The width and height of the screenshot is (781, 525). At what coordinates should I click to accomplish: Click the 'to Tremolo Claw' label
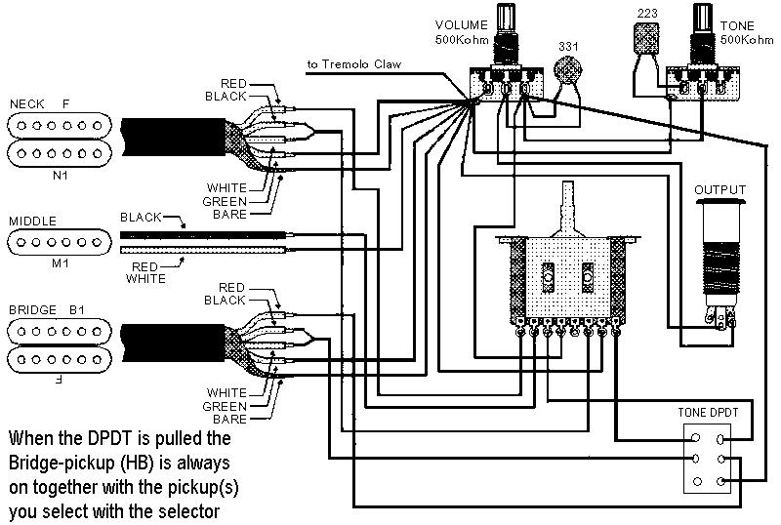click(x=354, y=64)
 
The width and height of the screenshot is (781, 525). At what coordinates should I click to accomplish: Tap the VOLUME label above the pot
click(x=461, y=25)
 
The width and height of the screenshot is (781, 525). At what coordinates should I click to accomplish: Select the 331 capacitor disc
click(x=567, y=69)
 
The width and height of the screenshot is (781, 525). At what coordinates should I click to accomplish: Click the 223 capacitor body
click(x=646, y=38)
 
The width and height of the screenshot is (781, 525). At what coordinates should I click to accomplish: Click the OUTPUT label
click(x=719, y=189)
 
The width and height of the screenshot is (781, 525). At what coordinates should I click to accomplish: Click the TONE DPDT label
click(x=708, y=413)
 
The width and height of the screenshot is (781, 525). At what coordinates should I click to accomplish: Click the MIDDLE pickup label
click(x=33, y=222)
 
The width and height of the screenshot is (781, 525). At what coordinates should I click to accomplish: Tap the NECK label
click(x=27, y=104)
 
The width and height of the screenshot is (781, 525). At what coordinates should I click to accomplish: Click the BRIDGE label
click(x=33, y=309)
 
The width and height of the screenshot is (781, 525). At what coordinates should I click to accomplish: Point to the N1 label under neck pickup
click(x=61, y=176)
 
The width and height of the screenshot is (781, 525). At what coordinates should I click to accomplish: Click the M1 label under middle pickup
click(x=61, y=263)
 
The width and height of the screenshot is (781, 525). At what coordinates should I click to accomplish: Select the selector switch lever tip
click(x=568, y=185)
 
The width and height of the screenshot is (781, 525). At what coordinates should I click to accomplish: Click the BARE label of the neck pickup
click(x=229, y=214)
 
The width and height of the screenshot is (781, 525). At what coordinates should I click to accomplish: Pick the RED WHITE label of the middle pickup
click(x=145, y=272)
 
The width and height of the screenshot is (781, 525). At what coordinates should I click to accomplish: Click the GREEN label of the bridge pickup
click(x=225, y=407)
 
